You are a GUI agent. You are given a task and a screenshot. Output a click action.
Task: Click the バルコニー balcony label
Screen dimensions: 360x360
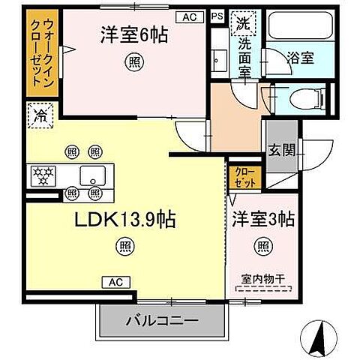pos(160,321)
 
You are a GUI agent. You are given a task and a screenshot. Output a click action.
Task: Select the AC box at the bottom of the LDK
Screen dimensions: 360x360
pos(116,282)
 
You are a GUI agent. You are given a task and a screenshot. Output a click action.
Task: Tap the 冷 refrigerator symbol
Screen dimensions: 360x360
pos(39,115)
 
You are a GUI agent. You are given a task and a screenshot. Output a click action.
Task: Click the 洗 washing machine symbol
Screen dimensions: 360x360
pos(243,23)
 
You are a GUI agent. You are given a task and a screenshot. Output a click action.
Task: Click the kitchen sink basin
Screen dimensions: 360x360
pos(93,177)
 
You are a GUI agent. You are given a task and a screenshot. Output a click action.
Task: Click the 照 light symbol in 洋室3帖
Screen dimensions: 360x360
pos(262,245)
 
